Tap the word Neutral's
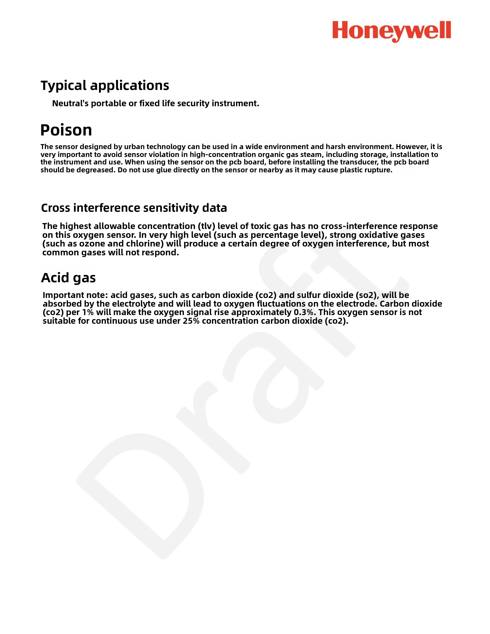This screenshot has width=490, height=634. click(x=70, y=103)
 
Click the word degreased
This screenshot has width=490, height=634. click(x=96, y=170)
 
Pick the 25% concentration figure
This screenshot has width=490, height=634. click(x=191, y=321)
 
